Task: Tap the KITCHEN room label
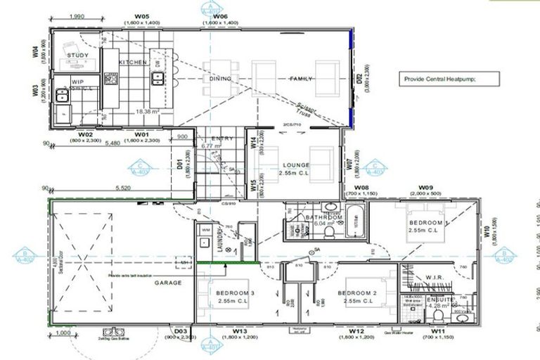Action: pos(133,63)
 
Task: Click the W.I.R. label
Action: pos(436,278)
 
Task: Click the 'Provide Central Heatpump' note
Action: pos(440,79)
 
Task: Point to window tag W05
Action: pos(142,15)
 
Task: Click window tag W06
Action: pos(220,15)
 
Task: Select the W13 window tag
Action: pos(240,330)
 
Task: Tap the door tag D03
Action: pos(181,330)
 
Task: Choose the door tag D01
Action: pos(180,165)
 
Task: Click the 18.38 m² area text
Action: pos(146,111)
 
